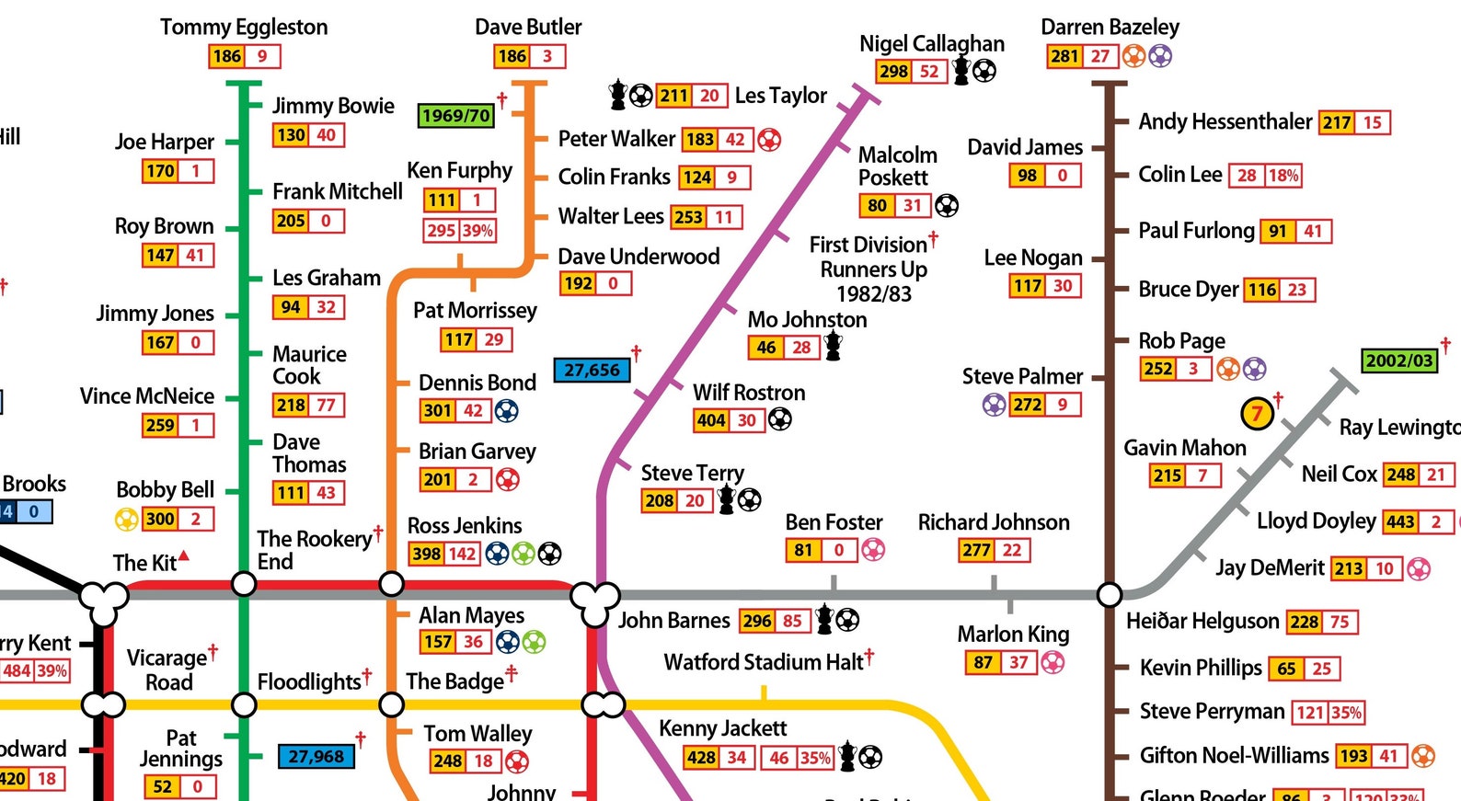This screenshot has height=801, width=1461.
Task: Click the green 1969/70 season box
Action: coord(455,115)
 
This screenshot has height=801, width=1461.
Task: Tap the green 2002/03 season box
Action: coord(1398,360)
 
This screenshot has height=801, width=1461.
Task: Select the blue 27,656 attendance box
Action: coord(592,370)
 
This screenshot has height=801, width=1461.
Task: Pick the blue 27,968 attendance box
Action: coord(316,756)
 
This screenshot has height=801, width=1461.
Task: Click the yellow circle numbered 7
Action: coord(1257,414)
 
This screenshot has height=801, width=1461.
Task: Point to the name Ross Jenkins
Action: coord(465,526)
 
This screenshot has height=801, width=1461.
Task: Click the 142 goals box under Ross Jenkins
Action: coord(462,554)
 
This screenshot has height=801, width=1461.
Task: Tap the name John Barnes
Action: coord(673,621)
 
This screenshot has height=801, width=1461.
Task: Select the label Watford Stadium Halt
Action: coord(764,662)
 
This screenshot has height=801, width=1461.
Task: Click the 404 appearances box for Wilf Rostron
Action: coord(711,420)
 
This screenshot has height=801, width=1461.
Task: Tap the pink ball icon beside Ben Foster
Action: coord(872,550)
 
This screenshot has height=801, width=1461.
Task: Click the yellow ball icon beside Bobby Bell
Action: coord(126,519)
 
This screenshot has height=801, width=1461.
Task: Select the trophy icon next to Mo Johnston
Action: coord(834,347)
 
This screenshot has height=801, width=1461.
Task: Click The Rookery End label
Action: coord(313,550)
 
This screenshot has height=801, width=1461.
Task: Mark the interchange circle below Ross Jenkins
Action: coord(391,584)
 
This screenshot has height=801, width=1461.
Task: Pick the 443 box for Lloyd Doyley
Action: coord(1399,522)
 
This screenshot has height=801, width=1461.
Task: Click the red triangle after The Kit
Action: coord(184,555)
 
